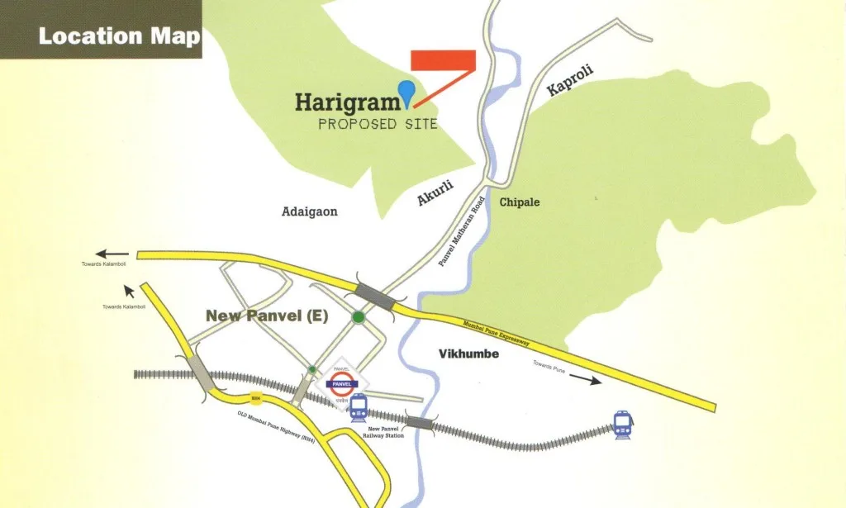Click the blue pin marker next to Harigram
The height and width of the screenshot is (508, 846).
point(406,93)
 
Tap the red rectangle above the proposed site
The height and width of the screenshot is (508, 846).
point(443,60)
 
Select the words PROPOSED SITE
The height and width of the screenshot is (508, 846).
point(378,125)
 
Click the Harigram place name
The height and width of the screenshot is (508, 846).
point(347,102)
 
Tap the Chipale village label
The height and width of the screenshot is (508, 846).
point(519,202)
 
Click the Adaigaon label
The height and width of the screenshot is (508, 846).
point(310,211)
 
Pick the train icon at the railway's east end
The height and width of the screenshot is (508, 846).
point(623,425)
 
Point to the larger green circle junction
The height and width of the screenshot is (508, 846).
point(358,316)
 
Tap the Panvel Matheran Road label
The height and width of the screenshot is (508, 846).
point(459,236)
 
